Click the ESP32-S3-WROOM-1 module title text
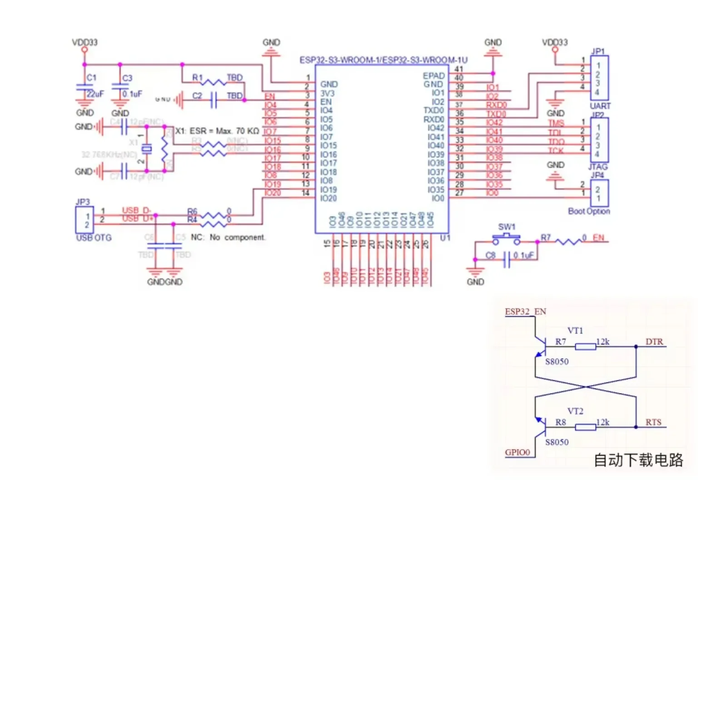[383, 60]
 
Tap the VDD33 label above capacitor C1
[85, 42]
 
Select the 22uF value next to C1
[95, 94]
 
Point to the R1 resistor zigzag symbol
[213, 82]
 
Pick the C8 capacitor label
[490, 255]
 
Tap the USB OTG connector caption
[94, 238]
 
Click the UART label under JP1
[600, 106]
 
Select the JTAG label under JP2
[598, 167]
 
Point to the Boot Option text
[589, 211]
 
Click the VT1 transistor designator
[575, 330]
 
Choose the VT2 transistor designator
[575, 411]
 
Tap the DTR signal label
[654, 342]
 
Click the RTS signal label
[653, 422]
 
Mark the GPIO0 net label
[517, 452]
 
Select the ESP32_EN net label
[525, 312]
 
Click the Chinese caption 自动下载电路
[638, 460]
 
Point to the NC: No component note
[228, 237]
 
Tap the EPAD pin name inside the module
[433, 76]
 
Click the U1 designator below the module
[445, 238]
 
